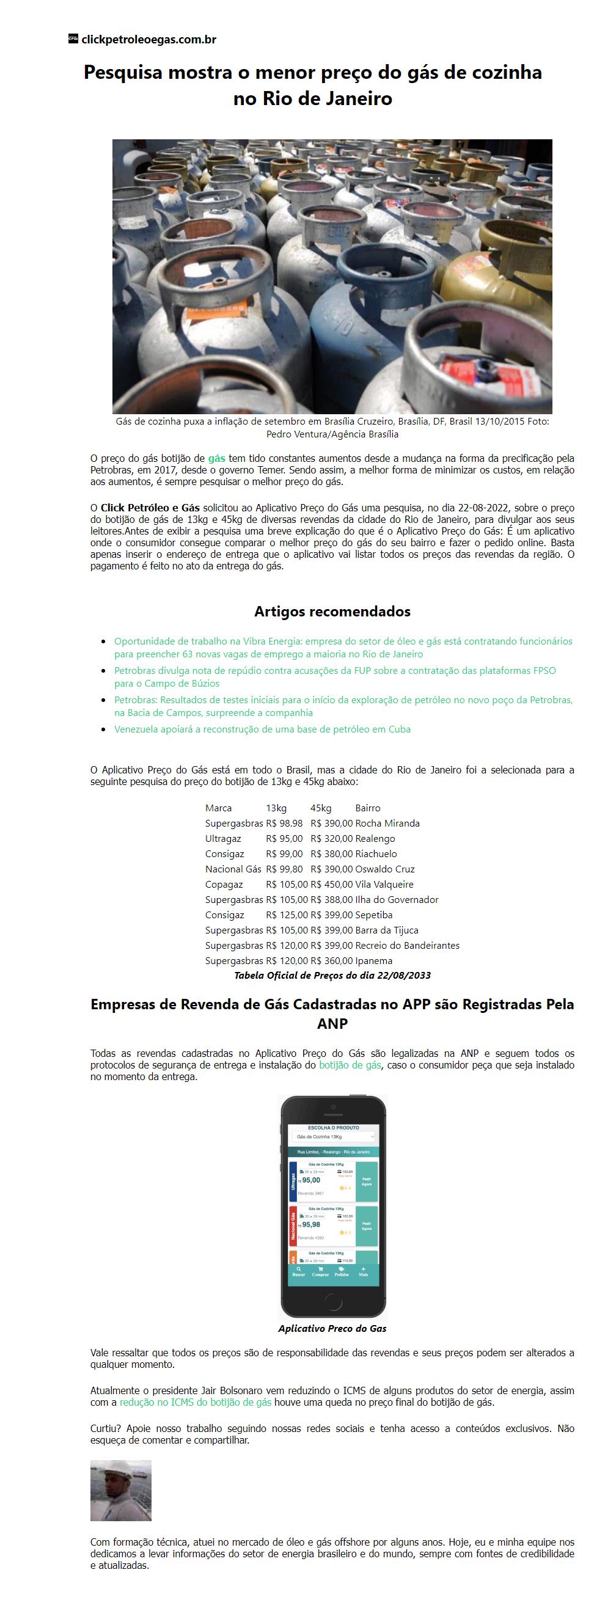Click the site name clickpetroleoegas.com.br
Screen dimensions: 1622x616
[148, 40]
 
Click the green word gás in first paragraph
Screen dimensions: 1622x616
[217, 458]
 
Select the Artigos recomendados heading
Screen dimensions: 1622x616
[332, 612]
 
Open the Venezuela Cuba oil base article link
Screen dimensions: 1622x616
[262, 729]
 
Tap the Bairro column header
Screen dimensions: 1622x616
[367, 808]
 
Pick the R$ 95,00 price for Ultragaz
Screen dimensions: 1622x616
[284, 839]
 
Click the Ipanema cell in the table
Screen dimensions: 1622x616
[373, 961]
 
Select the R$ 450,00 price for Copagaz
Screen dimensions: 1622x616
[331, 884]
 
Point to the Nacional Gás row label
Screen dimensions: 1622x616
[233, 869]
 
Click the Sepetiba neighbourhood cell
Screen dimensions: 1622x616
[373, 915]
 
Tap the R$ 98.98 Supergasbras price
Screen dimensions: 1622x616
[284, 823]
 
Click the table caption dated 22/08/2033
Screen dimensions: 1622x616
[332, 976]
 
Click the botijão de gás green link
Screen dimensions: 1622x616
[350, 1065]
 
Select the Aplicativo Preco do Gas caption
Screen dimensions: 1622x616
[332, 1329]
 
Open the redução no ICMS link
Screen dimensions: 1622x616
[196, 1403]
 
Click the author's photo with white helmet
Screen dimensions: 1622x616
[121, 1491]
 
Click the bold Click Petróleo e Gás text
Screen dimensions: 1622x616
[150, 508]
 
